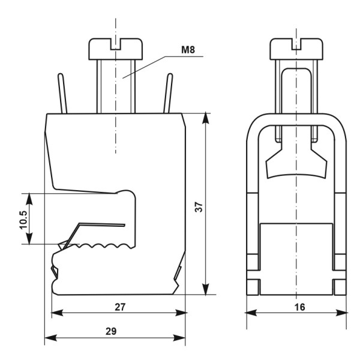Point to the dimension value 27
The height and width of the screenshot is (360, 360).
pos(121,307)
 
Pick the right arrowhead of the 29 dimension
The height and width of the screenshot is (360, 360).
pos(181,338)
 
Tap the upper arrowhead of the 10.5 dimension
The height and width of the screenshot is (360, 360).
pos(28,199)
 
